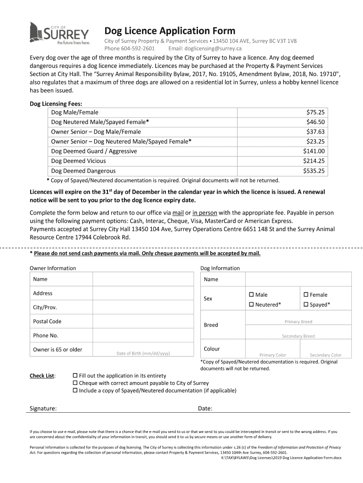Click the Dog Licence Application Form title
pyautogui.click(x=169, y=31)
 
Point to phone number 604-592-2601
pyautogui.click(x=138, y=49)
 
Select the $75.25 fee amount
pyautogui.click(x=315, y=112)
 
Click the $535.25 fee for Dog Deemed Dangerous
pyautogui.click(x=313, y=171)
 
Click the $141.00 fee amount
pyautogui.click(x=313, y=151)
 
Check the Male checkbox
pyautogui.click(x=252, y=295)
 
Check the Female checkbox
pyautogui.click(x=306, y=295)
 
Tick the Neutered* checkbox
pyautogui.click(x=252, y=305)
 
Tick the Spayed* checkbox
pyautogui.click(x=306, y=305)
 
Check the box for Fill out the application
pyautogui.click(x=75, y=376)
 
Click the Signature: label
pyautogui.click(x=43, y=408)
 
